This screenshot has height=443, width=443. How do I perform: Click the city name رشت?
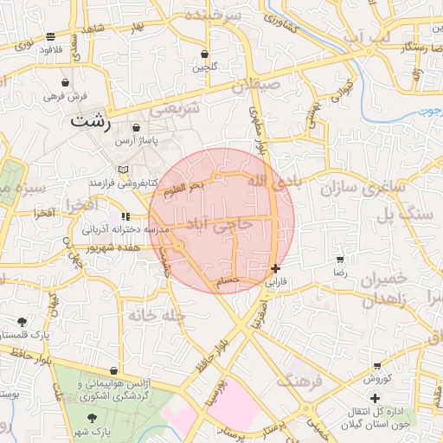(x=92, y=121)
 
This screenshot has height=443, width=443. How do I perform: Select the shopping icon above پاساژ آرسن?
(x=136, y=128)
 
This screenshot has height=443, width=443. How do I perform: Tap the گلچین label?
(x=203, y=66)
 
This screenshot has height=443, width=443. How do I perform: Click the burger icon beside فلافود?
(x=52, y=36)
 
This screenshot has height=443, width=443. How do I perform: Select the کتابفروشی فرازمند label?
(x=121, y=183)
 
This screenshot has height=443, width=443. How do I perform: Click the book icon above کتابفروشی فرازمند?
(x=123, y=170)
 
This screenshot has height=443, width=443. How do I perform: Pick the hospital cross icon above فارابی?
(x=275, y=268)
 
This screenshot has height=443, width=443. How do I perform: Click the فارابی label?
(x=273, y=282)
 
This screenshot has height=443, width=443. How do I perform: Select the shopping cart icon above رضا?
(x=340, y=260)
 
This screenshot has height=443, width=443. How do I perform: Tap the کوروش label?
(x=378, y=379)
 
